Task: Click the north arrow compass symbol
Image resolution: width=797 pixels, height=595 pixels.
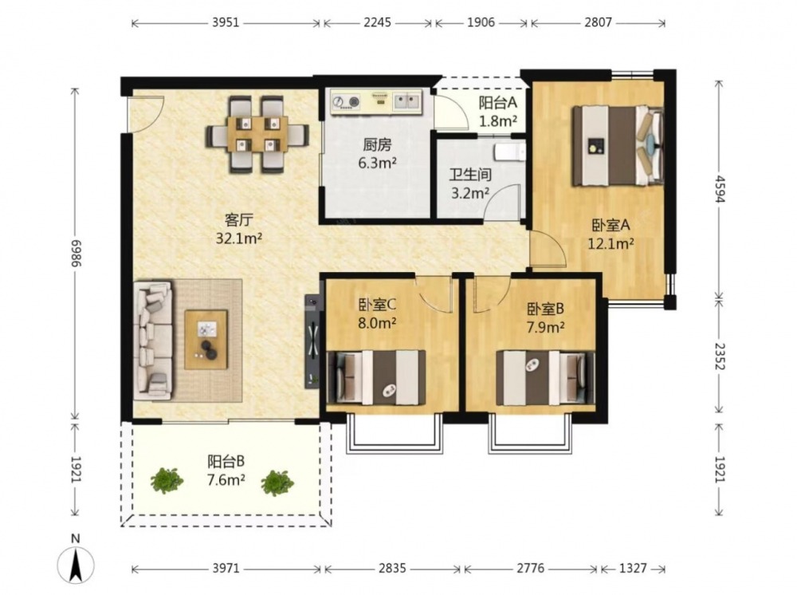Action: [x=76, y=564]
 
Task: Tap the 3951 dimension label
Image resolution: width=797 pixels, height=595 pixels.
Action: [x=226, y=23]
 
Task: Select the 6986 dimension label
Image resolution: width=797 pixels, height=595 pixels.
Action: [x=76, y=253]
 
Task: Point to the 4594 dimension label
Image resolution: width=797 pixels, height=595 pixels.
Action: [x=720, y=189]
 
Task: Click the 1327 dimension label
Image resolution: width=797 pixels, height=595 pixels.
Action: [x=632, y=568]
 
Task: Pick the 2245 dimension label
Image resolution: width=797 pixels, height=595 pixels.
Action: [x=377, y=23]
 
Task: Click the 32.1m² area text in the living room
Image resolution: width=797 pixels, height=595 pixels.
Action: [x=238, y=238]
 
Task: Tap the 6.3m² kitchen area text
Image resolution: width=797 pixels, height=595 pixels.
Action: [x=377, y=164]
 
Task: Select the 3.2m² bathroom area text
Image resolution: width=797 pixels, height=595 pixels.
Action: [x=470, y=193]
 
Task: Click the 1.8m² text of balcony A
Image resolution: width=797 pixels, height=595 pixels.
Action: [x=498, y=121]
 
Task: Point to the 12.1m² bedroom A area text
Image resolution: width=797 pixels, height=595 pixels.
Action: [x=611, y=244]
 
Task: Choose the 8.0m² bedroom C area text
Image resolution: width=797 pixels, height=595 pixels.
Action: [x=377, y=323]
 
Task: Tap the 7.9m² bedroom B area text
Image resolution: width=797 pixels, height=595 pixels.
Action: [x=545, y=327]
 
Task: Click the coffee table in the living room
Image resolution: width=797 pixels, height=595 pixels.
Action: [x=206, y=339]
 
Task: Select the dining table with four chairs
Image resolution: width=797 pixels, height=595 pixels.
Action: [x=257, y=135]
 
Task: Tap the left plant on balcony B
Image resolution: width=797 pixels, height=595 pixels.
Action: [x=167, y=481]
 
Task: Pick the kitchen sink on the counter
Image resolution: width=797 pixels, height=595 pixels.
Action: [x=407, y=101]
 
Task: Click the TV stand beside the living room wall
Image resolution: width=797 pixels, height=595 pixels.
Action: [x=312, y=341]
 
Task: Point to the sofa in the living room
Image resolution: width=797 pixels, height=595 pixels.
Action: [x=153, y=341]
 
